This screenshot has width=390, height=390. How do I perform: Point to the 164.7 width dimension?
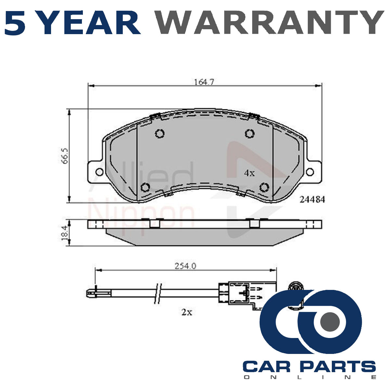coord(204,82)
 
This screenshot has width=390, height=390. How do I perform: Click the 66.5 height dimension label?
coord(65,156)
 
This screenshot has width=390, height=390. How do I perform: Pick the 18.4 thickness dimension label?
coord(65,233)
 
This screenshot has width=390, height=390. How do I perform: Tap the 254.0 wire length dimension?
coord(185,266)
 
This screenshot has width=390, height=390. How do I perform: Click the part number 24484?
coord(312,200)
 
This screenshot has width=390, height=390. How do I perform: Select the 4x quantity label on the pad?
coord(249,173)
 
